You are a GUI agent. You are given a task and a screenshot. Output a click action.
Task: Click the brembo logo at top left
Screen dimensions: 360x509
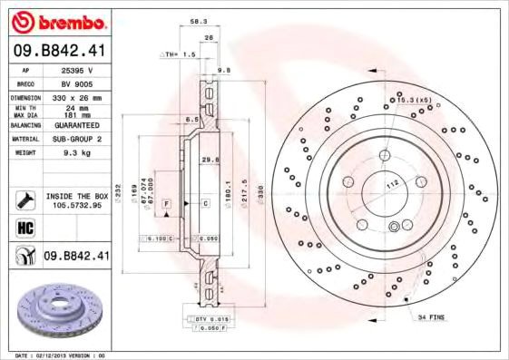click(x=56, y=21)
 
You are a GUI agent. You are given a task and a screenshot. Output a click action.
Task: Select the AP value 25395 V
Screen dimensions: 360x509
click(x=76, y=70)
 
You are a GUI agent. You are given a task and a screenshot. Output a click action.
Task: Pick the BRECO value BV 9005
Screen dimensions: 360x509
click(x=76, y=83)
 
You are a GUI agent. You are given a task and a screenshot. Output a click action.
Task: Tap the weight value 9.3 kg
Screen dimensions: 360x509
click(x=76, y=154)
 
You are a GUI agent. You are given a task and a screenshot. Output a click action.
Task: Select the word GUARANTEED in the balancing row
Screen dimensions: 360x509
click(x=76, y=125)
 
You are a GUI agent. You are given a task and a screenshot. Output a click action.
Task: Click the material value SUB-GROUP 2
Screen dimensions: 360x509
click(x=76, y=140)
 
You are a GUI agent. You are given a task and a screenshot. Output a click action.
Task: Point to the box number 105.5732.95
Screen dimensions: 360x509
click(x=76, y=205)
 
